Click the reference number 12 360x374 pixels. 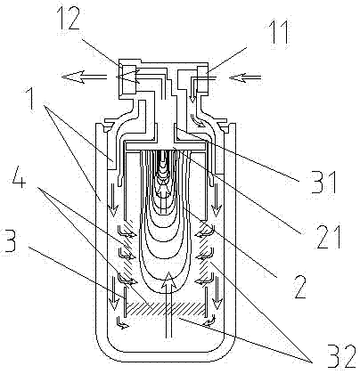70,19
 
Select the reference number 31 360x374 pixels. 323,183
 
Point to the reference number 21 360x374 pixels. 329,237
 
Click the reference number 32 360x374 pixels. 341,356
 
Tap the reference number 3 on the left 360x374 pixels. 8,241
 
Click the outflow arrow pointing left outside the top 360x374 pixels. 84,77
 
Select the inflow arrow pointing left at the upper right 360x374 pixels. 245,77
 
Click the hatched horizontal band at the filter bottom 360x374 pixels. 167,309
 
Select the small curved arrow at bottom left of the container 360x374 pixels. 123,323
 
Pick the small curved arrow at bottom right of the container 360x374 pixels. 209,321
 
